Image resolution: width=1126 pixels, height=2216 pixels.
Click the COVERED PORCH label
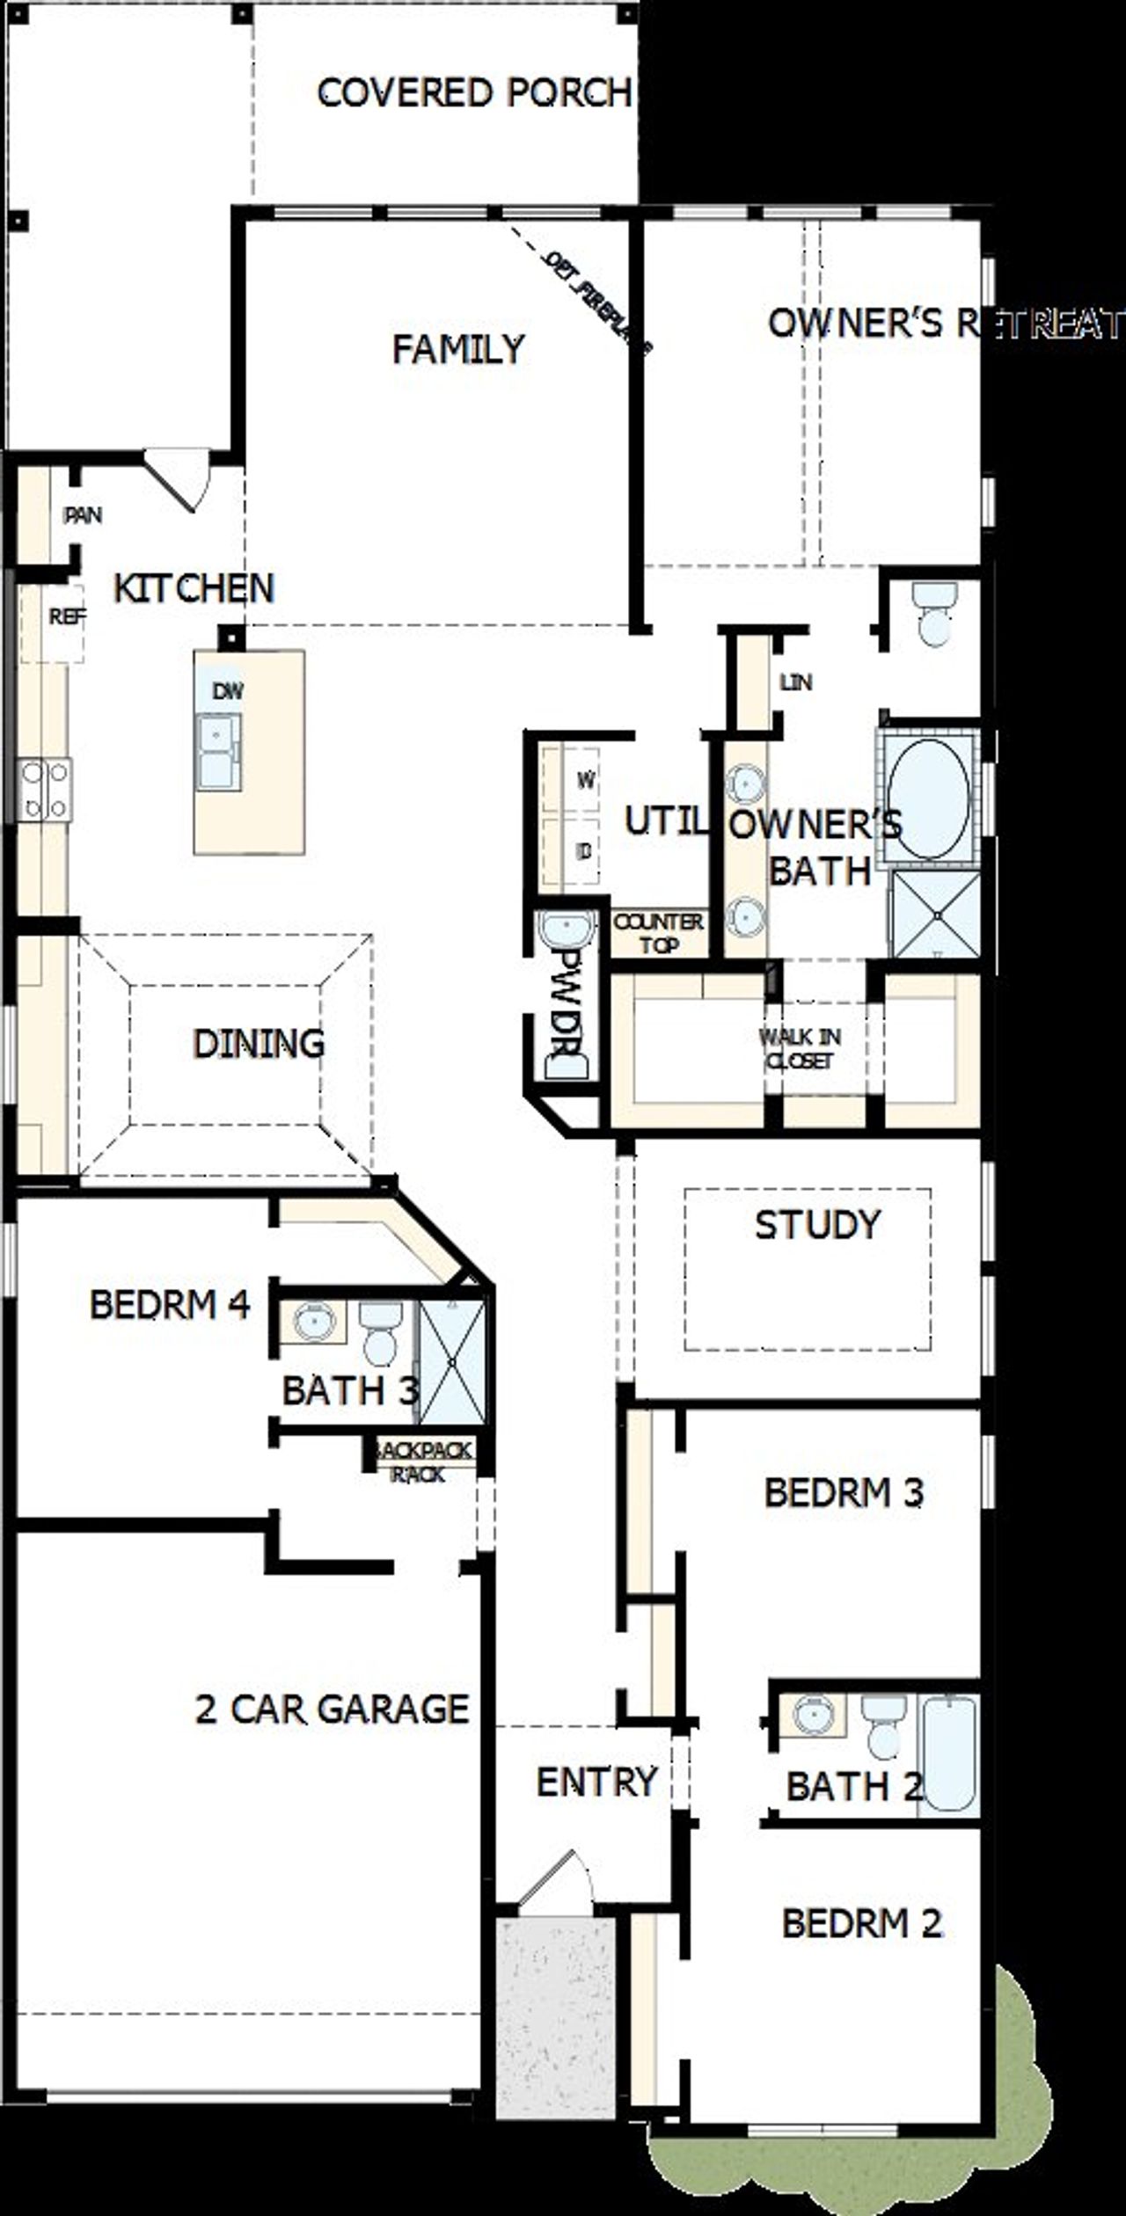(473, 93)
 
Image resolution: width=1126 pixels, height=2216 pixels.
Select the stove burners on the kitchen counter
(44, 790)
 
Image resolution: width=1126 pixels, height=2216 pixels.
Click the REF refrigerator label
(67, 617)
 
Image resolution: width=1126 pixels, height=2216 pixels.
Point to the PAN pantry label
(84, 515)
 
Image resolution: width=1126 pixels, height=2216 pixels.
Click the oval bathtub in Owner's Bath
(929, 798)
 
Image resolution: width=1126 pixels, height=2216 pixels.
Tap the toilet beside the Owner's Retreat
(933, 613)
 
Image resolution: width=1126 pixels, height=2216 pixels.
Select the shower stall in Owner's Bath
(936, 915)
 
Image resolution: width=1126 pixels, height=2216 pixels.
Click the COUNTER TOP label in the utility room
(658, 933)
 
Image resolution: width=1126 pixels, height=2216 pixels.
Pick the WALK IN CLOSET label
(800, 1048)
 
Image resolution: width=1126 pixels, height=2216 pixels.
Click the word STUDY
(817, 1225)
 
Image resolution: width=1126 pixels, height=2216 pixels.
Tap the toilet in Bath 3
(381, 1331)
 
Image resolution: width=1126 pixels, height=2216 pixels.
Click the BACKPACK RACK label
(422, 1462)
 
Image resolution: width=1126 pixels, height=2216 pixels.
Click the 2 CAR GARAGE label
(332, 1709)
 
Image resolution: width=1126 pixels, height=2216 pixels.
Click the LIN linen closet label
(795, 682)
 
